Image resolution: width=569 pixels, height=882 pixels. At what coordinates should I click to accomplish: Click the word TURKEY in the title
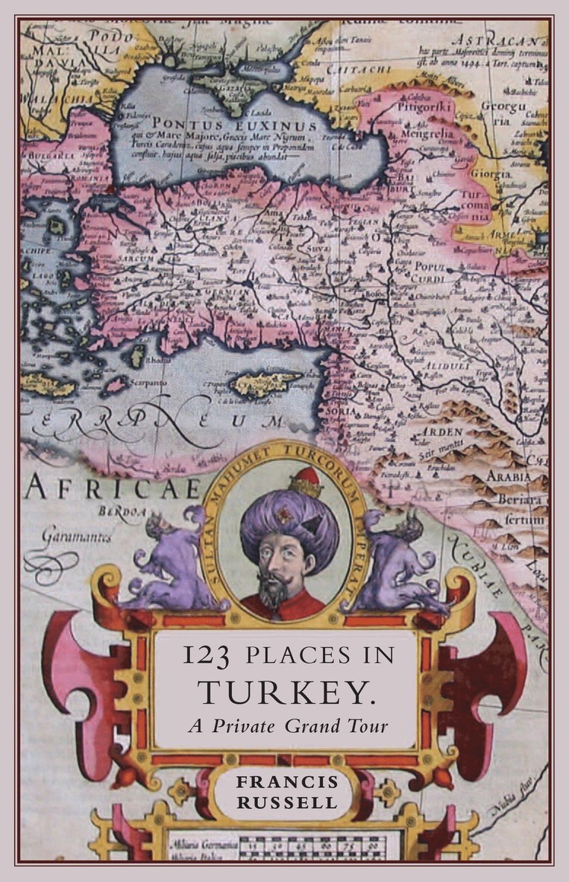286,693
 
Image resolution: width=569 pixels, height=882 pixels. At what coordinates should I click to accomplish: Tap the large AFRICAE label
113,488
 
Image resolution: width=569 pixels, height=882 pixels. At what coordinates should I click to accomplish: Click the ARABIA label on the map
509,477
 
